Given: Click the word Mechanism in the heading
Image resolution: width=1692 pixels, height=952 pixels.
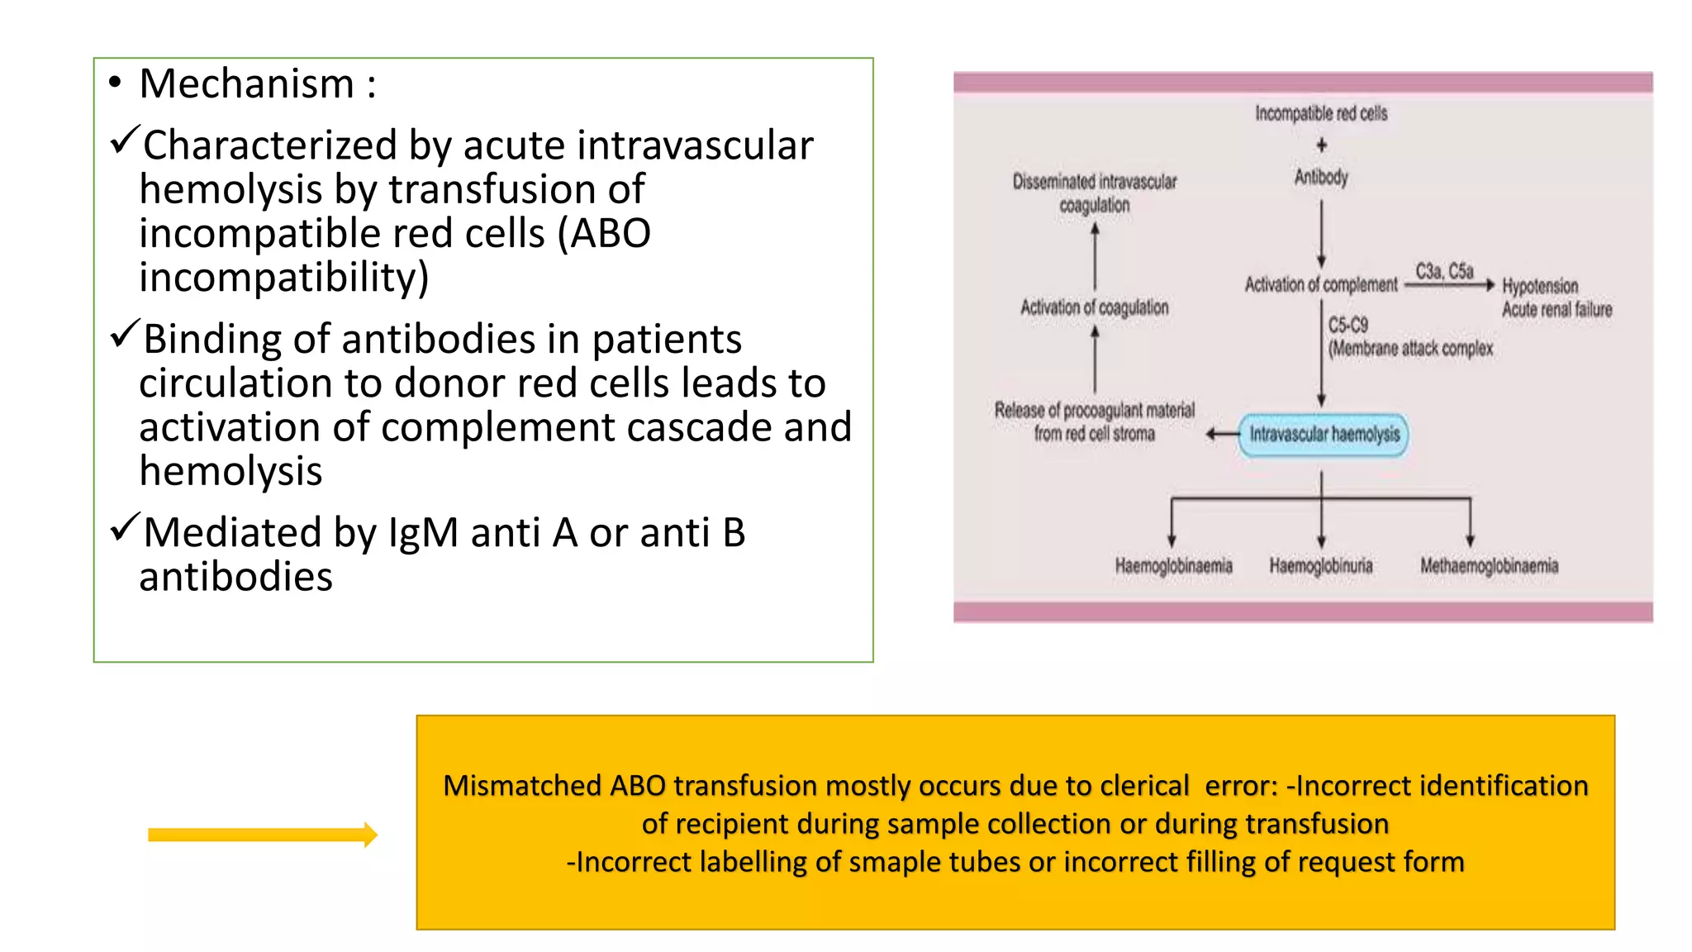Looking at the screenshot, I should tap(246, 84).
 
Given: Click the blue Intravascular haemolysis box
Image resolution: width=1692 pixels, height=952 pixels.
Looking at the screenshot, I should tap(1324, 435).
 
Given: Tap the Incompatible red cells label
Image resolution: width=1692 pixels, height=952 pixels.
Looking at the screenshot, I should tap(1321, 113).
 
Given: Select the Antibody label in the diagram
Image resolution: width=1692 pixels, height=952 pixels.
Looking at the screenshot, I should tap(1321, 177).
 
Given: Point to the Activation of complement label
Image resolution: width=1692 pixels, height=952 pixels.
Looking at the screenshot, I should tap(1320, 285).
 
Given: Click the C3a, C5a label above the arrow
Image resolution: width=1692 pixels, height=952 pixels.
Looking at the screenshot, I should tap(1444, 271).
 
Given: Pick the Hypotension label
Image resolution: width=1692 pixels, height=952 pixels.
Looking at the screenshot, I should tap(1539, 286).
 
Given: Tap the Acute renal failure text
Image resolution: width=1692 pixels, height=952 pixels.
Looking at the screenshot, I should tap(1557, 310).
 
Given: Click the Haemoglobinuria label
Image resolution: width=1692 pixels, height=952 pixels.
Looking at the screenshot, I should tap(1320, 566).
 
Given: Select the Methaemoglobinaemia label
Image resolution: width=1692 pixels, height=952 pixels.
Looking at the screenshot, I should tap(1489, 566).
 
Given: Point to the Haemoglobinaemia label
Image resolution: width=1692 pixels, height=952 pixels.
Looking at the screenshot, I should tap(1173, 566).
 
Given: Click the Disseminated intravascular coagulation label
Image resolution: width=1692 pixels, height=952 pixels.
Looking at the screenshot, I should tap(1095, 193).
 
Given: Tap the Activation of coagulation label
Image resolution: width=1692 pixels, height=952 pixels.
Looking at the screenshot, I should tap(1095, 307).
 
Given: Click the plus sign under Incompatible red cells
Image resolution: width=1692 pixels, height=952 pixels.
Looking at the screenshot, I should tap(1321, 145).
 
